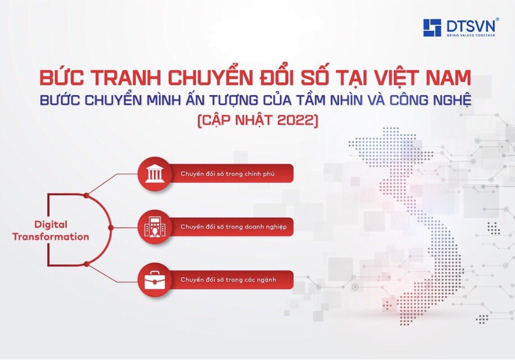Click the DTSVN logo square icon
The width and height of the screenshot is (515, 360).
432,27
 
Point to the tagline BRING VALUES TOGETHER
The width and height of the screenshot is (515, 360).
471,35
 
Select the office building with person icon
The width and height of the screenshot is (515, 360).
154,227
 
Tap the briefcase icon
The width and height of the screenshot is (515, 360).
154,280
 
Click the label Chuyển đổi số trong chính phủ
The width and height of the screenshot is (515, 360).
227,173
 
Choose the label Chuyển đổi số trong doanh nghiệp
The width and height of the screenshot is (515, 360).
234,227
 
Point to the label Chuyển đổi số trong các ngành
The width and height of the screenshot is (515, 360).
228,280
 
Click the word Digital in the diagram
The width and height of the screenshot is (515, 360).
50,225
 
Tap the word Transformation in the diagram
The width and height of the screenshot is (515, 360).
50,237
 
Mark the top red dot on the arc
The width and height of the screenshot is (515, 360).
86,195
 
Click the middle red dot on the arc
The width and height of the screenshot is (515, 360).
111,228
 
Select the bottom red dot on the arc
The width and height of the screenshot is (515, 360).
87,264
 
